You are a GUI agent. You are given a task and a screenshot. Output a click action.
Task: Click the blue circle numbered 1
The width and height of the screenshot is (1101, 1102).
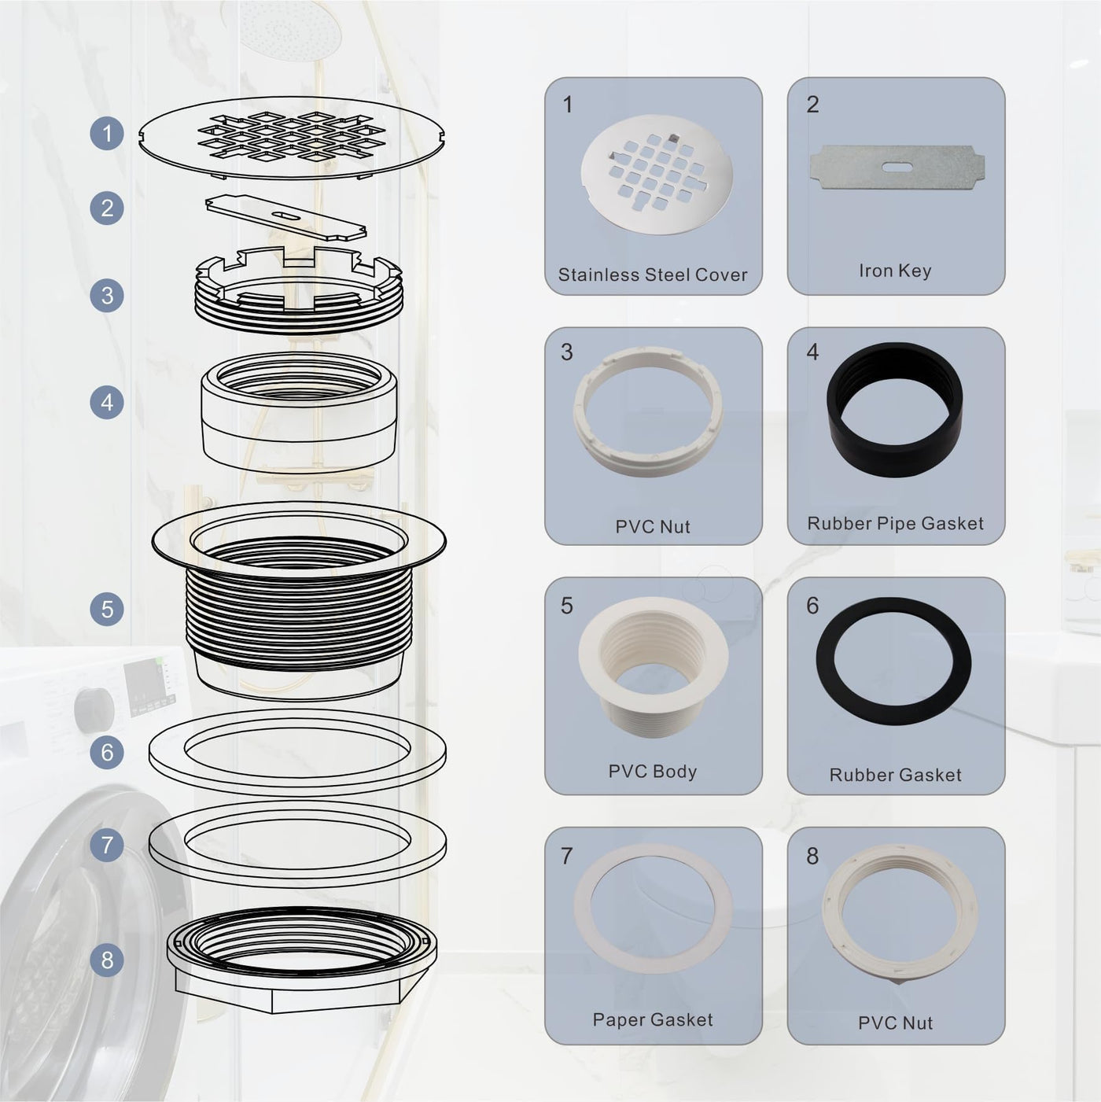click(107, 133)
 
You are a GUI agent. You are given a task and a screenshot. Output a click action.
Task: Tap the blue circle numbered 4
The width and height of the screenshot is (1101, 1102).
click(107, 403)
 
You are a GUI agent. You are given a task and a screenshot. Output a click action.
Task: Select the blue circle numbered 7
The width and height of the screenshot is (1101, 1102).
click(107, 845)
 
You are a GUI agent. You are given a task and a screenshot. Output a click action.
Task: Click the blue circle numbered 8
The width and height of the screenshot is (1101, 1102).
click(107, 960)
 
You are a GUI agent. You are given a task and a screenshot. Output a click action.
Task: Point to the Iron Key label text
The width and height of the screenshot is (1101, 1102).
click(895, 271)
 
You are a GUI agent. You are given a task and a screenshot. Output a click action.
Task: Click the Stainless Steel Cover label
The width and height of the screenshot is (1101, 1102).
click(653, 275)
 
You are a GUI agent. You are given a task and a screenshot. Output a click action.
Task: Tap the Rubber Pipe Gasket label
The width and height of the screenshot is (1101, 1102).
click(895, 523)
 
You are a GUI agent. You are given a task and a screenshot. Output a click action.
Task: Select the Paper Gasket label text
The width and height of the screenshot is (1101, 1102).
click(653, 1019)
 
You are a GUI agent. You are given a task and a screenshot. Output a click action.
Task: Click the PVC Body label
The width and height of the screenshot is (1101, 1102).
click(653, 772)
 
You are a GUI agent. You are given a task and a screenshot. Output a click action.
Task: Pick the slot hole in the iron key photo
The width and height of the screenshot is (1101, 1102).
click(897, 167)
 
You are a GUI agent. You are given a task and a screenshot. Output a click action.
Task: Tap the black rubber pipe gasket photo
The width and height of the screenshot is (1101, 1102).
click(894, 410)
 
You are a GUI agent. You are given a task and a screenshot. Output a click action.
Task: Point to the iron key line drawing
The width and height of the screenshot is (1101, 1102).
click(286, 217)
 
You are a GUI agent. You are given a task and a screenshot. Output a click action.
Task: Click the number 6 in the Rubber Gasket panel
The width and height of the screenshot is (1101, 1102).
click(812, 606)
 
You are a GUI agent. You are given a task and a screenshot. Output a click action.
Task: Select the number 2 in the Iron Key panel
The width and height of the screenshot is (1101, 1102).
click(812, 105)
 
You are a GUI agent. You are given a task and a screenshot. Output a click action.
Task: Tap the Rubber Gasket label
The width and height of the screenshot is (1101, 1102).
click(895, 775)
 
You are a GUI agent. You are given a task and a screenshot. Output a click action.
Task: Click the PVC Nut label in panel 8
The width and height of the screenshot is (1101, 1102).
click(895, 1023)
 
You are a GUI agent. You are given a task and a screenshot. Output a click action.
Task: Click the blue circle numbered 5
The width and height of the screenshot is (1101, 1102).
click(107, 609)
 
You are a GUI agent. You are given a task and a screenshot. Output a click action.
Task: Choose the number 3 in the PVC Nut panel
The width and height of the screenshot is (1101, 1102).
click(567, 352)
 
